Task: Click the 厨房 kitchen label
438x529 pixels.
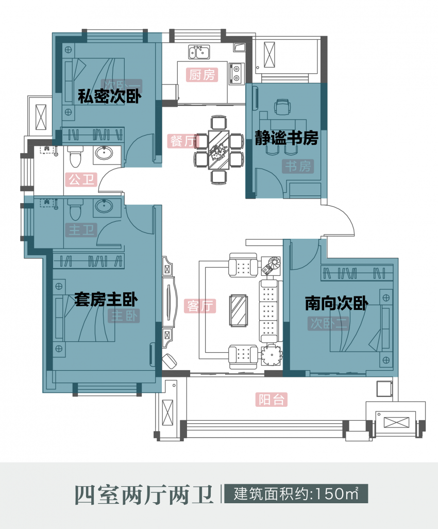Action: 201,75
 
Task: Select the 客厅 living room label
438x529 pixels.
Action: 200,306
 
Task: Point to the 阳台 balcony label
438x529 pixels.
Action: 271,400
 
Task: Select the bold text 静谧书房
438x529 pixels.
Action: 287,138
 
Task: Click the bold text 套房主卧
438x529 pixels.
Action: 106,300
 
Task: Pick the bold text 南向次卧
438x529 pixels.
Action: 336,304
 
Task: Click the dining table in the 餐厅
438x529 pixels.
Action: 219,150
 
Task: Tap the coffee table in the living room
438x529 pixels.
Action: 238,310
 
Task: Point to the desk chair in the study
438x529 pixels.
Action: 282,107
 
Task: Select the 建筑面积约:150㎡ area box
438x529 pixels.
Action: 295,493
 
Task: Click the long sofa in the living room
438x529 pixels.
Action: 269,311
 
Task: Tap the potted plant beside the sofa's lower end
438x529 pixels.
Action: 271,355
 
